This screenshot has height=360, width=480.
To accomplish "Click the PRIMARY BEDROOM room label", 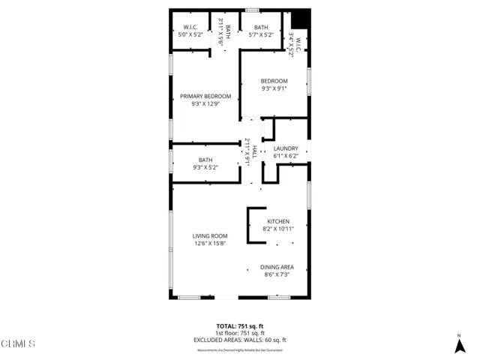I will [205, 96].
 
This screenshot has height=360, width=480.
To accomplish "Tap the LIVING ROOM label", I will [209, 235].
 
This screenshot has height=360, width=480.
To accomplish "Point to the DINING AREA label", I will [277, 268].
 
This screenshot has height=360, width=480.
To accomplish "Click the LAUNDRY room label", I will [286, 148].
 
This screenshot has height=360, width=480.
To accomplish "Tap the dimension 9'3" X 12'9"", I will [205, 104].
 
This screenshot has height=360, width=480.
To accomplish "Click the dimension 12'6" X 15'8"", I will [209, 243].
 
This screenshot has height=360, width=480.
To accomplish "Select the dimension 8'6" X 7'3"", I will [277, 275].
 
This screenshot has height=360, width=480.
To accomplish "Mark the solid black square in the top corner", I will [301, 18].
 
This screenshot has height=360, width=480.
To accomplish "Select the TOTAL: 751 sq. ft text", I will [240, 325].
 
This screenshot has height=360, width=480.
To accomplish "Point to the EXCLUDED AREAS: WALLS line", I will [240, 340].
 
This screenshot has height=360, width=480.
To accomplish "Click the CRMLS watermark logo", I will [18, 343].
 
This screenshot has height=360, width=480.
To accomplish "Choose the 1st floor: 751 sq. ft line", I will [240, 333].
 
